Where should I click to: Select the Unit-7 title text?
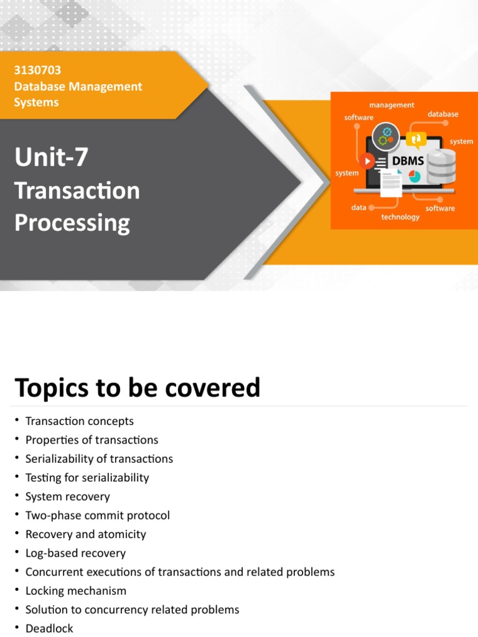click(x=51, y=157)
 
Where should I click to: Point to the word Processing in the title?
click(x=72, y=223)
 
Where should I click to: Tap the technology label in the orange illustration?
click(x=400, y=217)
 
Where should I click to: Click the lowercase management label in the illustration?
click(x=391, y=105)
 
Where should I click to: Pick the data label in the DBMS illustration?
click(x=358, y=208)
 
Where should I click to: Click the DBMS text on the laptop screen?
click(x=408, y=161)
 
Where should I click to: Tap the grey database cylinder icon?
click(x=441, y=166)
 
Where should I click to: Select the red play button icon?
click(x=367, y=161)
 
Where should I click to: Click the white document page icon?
click(x=391, y=183)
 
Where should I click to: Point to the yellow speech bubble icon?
click(x=416, y=139)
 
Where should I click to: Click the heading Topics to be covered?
click(x=137, y=388)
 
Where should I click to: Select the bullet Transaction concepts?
click(x=79, y=421)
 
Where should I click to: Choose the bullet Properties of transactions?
click(x=91, y=440)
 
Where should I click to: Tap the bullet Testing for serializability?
click(x=87, y=478)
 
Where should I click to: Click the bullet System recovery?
click(x=67, y=496)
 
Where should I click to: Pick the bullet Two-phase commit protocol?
click(x=97, y=515)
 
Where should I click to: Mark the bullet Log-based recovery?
click(x=75, y=553)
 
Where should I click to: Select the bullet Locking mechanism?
click(x=75, y=590)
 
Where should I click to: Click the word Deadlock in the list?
click(x=49, y=628)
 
